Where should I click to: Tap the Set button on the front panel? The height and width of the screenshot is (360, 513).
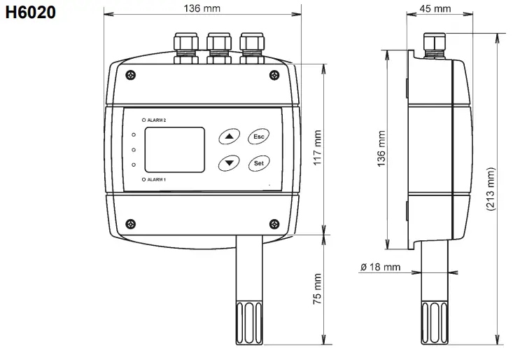[x=259, y=163]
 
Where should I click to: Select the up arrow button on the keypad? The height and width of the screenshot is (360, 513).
[x=228, y=136]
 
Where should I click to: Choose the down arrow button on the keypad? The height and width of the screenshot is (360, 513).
[x=228, y=163]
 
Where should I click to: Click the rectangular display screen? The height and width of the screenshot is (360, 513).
[x=174, y=149]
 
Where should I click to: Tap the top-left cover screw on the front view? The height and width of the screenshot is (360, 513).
[x=131, y=75]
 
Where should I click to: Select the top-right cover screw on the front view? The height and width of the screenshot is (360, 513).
[x=273, y=75]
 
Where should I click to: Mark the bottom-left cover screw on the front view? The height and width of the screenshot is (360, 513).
[x=131, y=223]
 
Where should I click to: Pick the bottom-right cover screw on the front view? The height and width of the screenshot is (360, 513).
[x=273, y=223]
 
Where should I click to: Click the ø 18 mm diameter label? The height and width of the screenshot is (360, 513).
[x=380, y=267]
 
